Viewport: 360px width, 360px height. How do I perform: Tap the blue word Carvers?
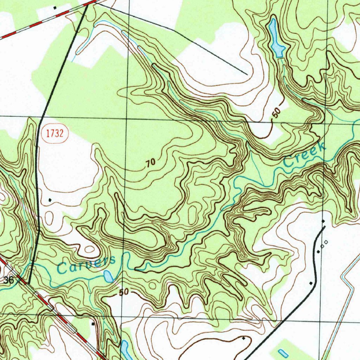click(86, 265)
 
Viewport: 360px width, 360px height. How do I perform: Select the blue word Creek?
click(304, 155)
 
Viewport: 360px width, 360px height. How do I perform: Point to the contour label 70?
click(150, 163)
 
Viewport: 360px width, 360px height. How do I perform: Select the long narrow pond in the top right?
click(276, 38)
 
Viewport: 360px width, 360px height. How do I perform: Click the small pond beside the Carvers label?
click(108, 276)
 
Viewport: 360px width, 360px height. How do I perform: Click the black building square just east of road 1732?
click(50, 200)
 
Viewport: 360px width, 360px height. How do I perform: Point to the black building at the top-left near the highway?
click(55, 7)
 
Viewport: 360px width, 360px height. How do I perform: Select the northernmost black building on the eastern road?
click(323, 221)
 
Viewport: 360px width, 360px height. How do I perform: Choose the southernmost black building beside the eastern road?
click(311, 283)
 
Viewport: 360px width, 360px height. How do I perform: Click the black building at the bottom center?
click(244, 338)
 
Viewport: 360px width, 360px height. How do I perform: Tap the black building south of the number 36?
click(92, 323)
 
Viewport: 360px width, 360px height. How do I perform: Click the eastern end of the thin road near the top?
click(247, 75)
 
